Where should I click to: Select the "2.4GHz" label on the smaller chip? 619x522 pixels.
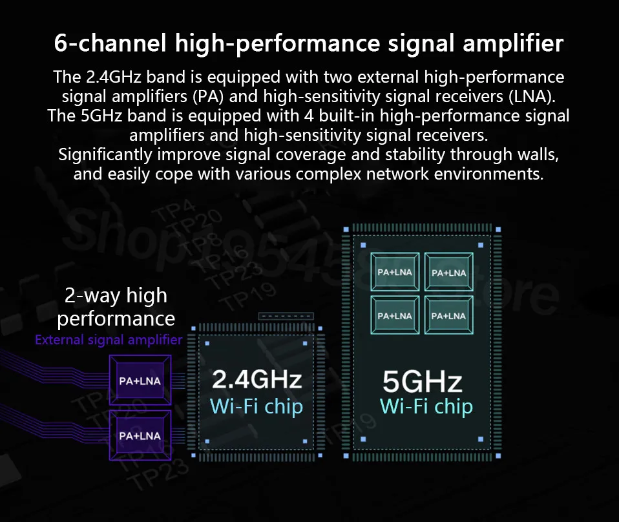[257, 379]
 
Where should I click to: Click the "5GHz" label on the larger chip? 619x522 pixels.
[422, 382]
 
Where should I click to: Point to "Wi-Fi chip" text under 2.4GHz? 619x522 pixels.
[257, 406]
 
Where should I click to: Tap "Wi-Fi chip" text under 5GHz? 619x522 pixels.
[426, 406]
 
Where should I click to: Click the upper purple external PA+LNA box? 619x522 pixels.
[140, 381]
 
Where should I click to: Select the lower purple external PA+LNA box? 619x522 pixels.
[140, 435]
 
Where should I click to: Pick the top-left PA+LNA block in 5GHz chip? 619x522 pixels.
[394, 273]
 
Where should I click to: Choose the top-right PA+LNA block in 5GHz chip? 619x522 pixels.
[448, 273]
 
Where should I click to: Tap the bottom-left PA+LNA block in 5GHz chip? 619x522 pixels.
[394, 316]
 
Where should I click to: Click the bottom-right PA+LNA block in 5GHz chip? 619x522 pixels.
[448, 316]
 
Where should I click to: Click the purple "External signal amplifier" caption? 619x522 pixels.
[109, 340]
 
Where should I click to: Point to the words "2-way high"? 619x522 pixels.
[116, 296]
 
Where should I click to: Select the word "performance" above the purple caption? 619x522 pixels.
[116, 318]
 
